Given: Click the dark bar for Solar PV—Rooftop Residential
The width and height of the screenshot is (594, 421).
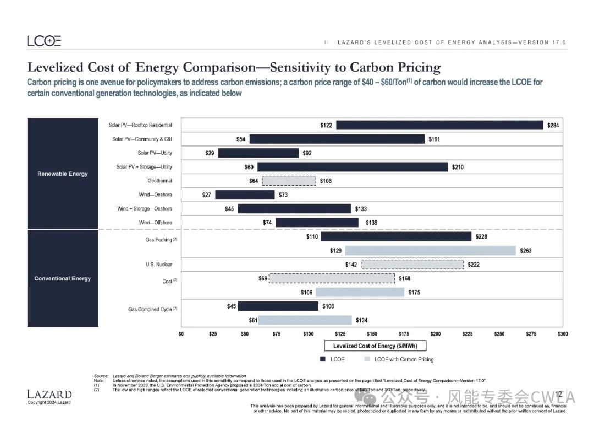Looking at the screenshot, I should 439,125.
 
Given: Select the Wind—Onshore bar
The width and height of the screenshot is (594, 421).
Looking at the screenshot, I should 245,195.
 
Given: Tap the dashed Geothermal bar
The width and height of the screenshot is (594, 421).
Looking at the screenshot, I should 289,181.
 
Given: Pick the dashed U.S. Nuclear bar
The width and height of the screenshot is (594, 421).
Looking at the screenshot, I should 413,265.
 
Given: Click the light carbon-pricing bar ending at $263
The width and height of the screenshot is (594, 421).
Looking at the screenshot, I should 431,251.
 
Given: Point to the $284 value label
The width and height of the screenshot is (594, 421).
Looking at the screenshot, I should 553,126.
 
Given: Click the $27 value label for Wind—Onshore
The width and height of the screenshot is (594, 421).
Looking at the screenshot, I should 207,195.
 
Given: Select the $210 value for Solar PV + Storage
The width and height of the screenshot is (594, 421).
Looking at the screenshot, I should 458,167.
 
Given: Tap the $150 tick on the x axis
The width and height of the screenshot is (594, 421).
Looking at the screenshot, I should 372,334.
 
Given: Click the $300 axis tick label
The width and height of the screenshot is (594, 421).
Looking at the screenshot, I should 562,334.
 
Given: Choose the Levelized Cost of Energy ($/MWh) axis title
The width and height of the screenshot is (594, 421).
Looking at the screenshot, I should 379,346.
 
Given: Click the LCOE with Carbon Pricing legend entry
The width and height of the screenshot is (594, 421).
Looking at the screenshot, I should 404,359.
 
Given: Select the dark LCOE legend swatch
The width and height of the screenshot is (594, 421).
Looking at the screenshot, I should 323,359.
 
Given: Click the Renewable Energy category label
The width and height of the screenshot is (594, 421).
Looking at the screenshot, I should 63,174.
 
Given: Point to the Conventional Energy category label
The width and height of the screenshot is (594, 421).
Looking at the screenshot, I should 63,278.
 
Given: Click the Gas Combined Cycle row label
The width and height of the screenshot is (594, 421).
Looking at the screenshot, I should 150,309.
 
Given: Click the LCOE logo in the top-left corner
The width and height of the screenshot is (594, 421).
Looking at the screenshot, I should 44,41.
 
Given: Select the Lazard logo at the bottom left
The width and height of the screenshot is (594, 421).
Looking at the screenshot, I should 49,394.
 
